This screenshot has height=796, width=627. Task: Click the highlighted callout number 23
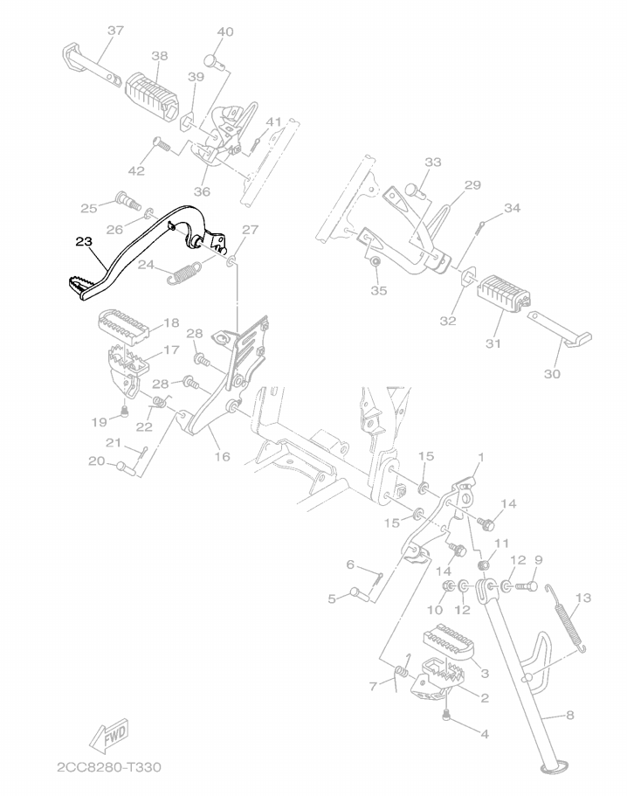pyautogui.click(x=84, y=242)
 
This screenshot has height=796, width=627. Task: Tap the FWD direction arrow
pyautogui.click(x=109, y=735)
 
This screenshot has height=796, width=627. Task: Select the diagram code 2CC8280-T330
pyautogui.click(x=109, y=766)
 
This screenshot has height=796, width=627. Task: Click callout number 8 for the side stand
pyautogui.click(x=569, y=716)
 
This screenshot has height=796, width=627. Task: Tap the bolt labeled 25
pyautogui.click(x=129, y=200)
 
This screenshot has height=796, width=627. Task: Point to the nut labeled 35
pyautogui.click(x=376, y=262)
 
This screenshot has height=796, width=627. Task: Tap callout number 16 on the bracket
pyautogui.click(x=222, y=456)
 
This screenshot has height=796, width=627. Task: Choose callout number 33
pyautogui.click(x=433, y=162)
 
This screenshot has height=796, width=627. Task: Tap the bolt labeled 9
pyautogui.click(x=526, y=587)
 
